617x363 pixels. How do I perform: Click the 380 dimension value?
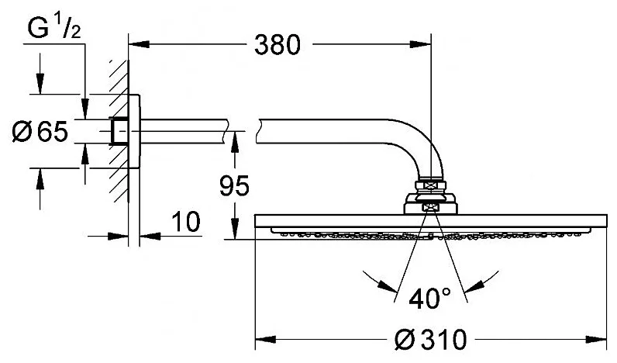pyautogui.click(x=277, y=44)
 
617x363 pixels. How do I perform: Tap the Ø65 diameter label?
pyautogui.click(x=40, y=131)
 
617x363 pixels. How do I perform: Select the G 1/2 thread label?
pyautogui.click(x=55, y=28)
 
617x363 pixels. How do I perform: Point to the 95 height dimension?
pyautogui.click(x=234, y=185)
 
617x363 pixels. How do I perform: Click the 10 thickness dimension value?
pyautogui.click(x=186, y=221)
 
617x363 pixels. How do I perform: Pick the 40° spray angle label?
pyautogui.click(x=429, y=299)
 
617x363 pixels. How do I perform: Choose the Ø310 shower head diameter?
pyautogui.click(x=430, y=339)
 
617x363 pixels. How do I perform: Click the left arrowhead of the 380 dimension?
pyautogui.click(x=139, y=43)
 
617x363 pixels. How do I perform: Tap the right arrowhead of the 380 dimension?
pyautogui.click(x=421, y=43)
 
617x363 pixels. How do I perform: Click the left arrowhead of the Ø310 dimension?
pyautogui.click(x=265, y=339)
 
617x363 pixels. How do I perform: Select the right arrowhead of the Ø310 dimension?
pyautogui.click(x=596, y=339)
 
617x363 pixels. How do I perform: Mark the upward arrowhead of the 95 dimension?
pyautogui.click(x=235, y=142)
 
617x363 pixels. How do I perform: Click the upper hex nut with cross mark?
pyautogui.click(x=430, y=185)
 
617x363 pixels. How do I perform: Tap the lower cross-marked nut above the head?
pyautogui.click(x=429, y=208)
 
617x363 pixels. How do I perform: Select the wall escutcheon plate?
pyautogui.click(x=133, y=131)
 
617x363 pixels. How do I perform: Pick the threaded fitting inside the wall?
pyautogui.click(x=119, y=131)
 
